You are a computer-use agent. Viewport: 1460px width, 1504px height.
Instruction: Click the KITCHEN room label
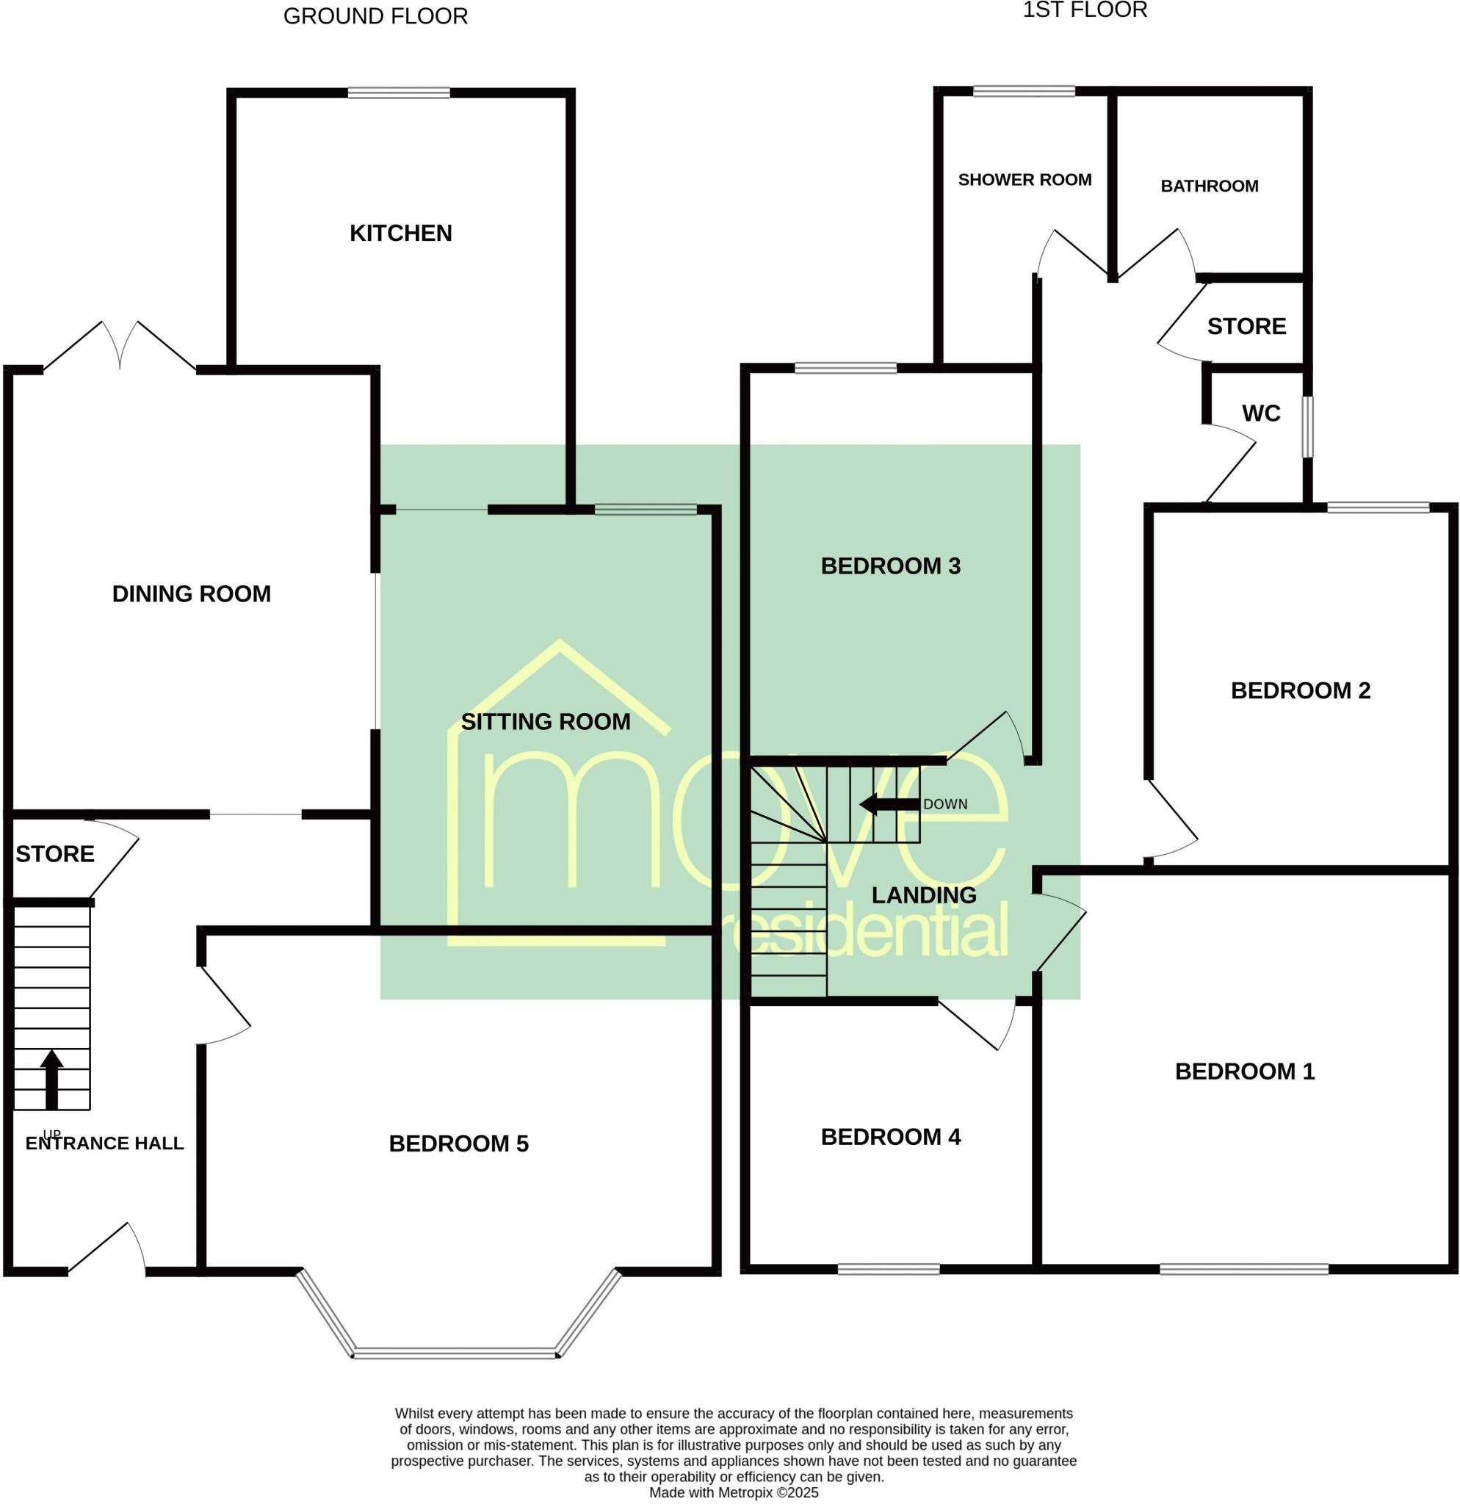pyautogui.click(x=400, y=234)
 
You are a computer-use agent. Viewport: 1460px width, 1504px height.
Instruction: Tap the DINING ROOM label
pyautogui.click(x=191, y=594)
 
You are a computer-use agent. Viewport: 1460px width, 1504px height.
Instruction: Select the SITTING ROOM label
pyautogui.click(x=546, y=721)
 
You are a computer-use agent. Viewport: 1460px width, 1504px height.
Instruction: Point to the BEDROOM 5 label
pyautogui.click(x=459, y=1144)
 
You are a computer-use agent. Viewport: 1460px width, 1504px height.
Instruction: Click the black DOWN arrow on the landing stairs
pyautogui.click(x=889, y=805)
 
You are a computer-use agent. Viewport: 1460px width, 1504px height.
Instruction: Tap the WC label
pyautogui.click(x=1260, y=413)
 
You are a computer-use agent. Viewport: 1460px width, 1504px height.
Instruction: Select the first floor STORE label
pyautogui.click(x=1246, y=327)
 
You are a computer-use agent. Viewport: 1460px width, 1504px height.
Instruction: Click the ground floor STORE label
pyautogui.click(x=54, y=854)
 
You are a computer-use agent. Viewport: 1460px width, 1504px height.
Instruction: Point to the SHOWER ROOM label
pyautogui.click(x=1024, y=180)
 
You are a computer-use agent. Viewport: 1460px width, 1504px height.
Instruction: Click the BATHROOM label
pyautogui.click(x=1209, y=186)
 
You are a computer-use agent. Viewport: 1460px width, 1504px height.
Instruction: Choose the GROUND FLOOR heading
pyautogui.click(x=375, y=16)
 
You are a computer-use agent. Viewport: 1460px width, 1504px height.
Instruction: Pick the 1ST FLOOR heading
pyautogui.click(x=1085, y=10)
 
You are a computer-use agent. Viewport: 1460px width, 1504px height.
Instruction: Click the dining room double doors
pyautogui.click(x=120, y=345)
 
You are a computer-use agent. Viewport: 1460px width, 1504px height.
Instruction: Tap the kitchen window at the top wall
pyautogui.click(x=399, y=93)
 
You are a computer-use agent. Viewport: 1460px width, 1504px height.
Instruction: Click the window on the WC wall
pyautogui.click(x=1307, y=427)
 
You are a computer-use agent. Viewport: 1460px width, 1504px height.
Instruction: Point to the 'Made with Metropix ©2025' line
pyautogui.click(x=734, y=1492)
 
